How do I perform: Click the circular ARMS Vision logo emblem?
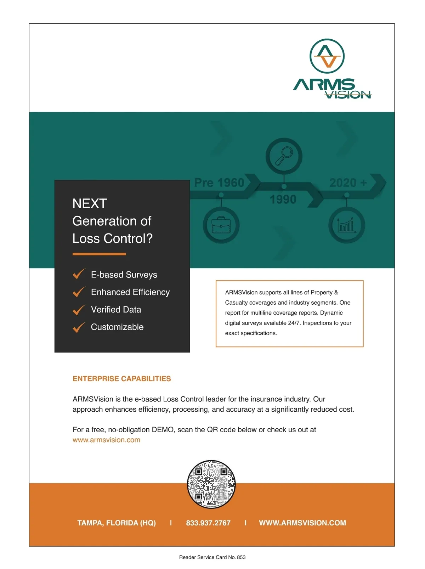[x=327, y=56]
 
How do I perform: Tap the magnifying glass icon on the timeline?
[x=284, y=156]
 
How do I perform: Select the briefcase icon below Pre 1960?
[x=221, y=225]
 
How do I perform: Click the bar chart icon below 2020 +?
[x=346, y=225]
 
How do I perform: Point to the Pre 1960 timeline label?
[x=219, y=182]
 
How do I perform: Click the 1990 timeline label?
[x=283, y=199]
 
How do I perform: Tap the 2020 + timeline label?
[x=348, y=182]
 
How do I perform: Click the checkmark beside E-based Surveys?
[x=79, y=274]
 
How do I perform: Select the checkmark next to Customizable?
[x=79, y=327]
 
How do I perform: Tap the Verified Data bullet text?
[x=116, y=310]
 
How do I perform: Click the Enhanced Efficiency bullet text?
[x=130, y=292]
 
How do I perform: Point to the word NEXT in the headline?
[x=90, y=204]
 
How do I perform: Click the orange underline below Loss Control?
[x=99, y=254]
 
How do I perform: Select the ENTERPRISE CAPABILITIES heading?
[x=121, y=379]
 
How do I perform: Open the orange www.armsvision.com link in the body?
[x=106, y=440]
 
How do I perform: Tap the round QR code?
[x=211, y=484]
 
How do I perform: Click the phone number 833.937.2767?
[x=208, y=523]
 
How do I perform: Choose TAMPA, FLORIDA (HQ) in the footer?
[x=117, y=523]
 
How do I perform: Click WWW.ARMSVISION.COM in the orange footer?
[x=302, y=523]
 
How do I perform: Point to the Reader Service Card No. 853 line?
[x=212, y=557]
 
